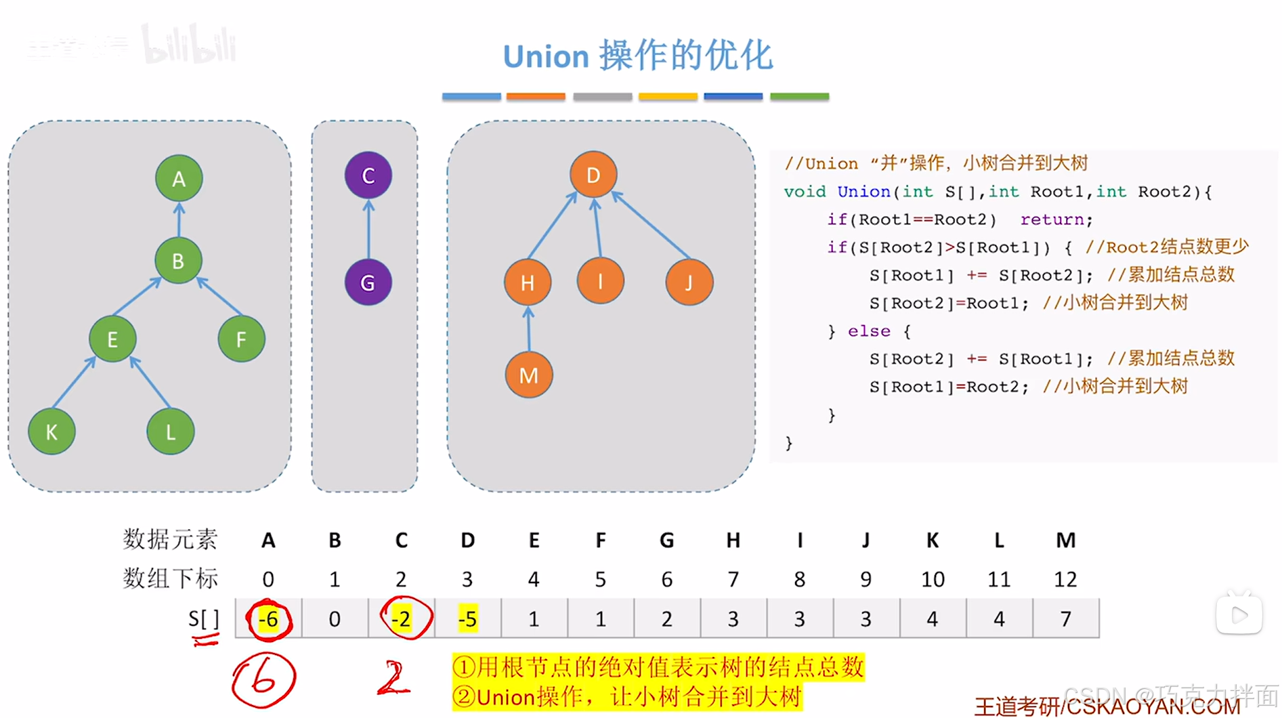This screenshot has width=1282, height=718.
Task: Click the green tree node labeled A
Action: pos(178,179)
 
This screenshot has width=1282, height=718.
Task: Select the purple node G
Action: pos(368,282)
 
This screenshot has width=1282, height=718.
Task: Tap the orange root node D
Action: pos(593,175)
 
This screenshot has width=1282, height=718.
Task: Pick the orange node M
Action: pos(528,375)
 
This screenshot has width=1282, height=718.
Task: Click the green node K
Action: pos(51,431)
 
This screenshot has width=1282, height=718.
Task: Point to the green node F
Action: pos(241,339)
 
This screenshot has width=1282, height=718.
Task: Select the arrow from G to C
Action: pos(368,229)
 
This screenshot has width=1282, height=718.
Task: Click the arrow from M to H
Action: pos(528,329)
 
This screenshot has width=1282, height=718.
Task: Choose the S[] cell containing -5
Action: pos(467,618)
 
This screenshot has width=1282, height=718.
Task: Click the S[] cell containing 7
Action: pos(1065,618)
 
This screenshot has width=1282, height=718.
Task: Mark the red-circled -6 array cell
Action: pos(269,618)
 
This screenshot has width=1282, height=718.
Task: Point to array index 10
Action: pos(933,579)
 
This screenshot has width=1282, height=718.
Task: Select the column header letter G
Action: pos(666,540)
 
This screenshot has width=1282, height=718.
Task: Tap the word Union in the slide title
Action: pos(546,57)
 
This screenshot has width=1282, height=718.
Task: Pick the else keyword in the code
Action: pos(869,331)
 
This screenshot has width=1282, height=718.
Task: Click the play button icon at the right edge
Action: pos(1239,615)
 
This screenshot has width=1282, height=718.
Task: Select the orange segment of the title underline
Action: pos(536,97)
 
